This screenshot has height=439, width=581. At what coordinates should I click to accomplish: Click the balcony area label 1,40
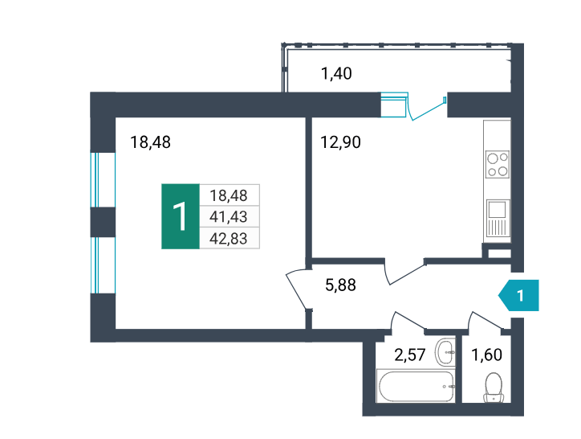coord(336,73)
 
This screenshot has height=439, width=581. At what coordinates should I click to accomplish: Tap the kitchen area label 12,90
coord(340,142)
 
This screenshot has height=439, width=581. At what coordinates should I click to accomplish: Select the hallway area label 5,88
coord(340,285)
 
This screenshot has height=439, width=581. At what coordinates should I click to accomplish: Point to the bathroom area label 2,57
coord(409,355)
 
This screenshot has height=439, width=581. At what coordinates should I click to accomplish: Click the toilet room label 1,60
coord(486,355)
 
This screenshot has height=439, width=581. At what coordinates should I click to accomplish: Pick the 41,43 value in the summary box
coord(228,216)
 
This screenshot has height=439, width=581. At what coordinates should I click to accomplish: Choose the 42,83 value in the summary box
coord(228,239)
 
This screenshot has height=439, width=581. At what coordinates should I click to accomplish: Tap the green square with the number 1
coord(181,216)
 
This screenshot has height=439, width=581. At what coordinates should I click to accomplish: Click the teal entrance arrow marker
coord(518,295)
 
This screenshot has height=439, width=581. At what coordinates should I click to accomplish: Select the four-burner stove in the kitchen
coord(498,164)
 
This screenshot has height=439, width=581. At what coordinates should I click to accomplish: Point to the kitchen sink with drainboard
coord(498,218)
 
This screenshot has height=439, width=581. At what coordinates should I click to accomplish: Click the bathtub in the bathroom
coord(415,386)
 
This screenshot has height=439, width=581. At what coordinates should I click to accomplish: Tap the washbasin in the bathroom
coord(445,351)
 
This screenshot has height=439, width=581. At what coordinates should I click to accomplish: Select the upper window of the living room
coord(103,180)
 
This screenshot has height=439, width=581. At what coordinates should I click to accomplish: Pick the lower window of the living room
coord(103,265)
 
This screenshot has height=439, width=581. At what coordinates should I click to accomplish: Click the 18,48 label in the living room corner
coord(150,142)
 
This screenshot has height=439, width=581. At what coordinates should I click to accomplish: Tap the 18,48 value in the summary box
coord(228,195)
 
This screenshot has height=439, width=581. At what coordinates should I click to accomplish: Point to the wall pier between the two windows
coord(103,222)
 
